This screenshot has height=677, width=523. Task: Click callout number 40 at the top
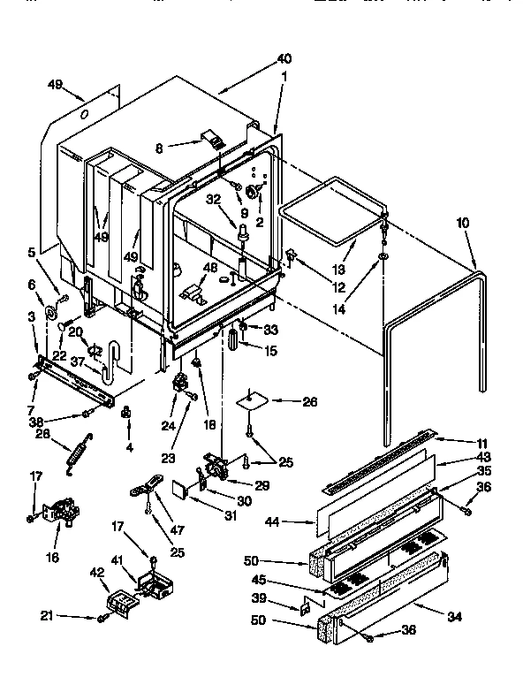tap(284, 59)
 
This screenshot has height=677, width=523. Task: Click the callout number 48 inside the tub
tap(211, 268)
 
